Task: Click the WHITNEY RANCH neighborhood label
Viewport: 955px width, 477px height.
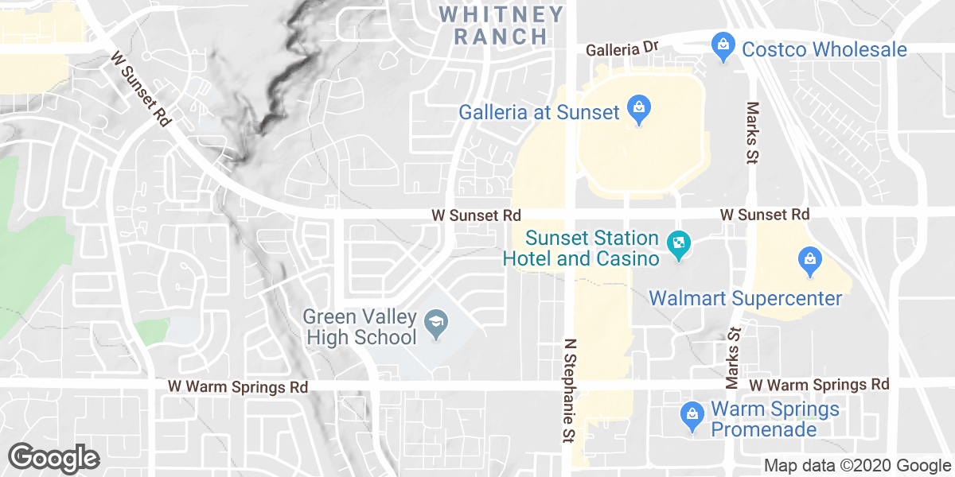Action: tap(501, 25)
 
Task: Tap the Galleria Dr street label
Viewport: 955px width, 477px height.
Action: tap(623, 49)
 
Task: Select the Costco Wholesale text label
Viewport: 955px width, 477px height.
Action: tap(824, 49)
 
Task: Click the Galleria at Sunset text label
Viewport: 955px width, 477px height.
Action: tap(539, 112)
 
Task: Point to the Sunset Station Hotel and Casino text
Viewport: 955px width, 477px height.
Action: tap(582, 248)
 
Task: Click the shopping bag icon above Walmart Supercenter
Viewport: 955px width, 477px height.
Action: tap(809, 261)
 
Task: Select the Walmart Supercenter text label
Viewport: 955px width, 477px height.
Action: tap(745, 298)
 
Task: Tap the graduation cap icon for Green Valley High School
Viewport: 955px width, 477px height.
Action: tap(436, 324)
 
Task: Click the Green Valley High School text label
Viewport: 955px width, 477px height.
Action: tap(360, 327)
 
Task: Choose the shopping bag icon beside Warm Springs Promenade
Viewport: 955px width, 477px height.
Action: tap(692, 414)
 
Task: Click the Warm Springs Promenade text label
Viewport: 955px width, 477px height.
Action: tap(774, 419)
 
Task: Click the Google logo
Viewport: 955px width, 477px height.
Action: tap(53, 457)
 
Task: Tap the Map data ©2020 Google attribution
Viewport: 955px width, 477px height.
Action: tap(856, 465)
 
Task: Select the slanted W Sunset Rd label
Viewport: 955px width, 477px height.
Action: tap(141, 89)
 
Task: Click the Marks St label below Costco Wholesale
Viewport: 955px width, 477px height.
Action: tap(751, 133)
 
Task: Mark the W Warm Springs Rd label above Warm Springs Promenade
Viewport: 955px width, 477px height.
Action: tap(819, 385)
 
